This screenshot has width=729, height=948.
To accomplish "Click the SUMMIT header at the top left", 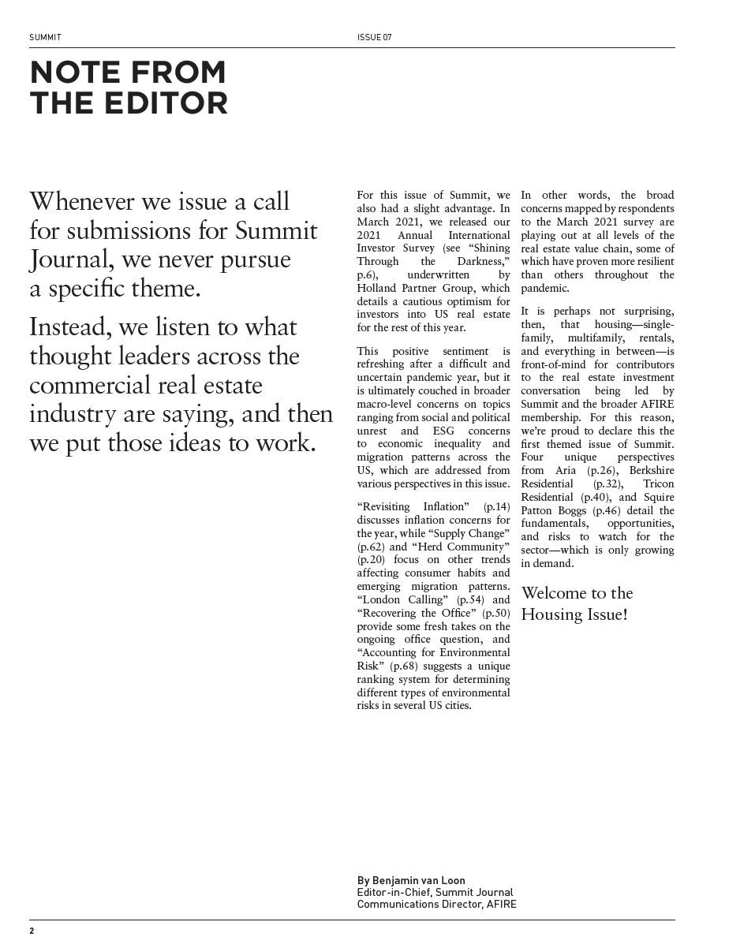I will point(45,37).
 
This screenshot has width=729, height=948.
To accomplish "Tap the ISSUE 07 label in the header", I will point(374,37).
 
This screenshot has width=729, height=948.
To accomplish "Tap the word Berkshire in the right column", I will point(652,470).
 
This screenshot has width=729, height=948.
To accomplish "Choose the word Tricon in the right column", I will point(658,483).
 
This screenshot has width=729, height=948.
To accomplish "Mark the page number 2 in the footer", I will point(32,931).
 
